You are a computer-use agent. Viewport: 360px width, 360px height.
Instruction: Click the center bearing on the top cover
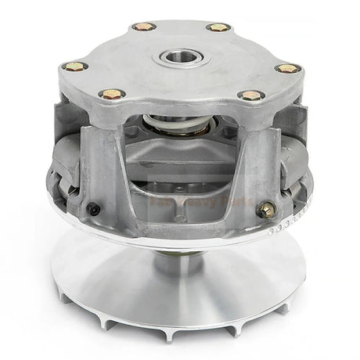(x=181, y=57)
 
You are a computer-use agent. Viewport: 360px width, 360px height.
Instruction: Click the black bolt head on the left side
(x=94, y=209)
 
